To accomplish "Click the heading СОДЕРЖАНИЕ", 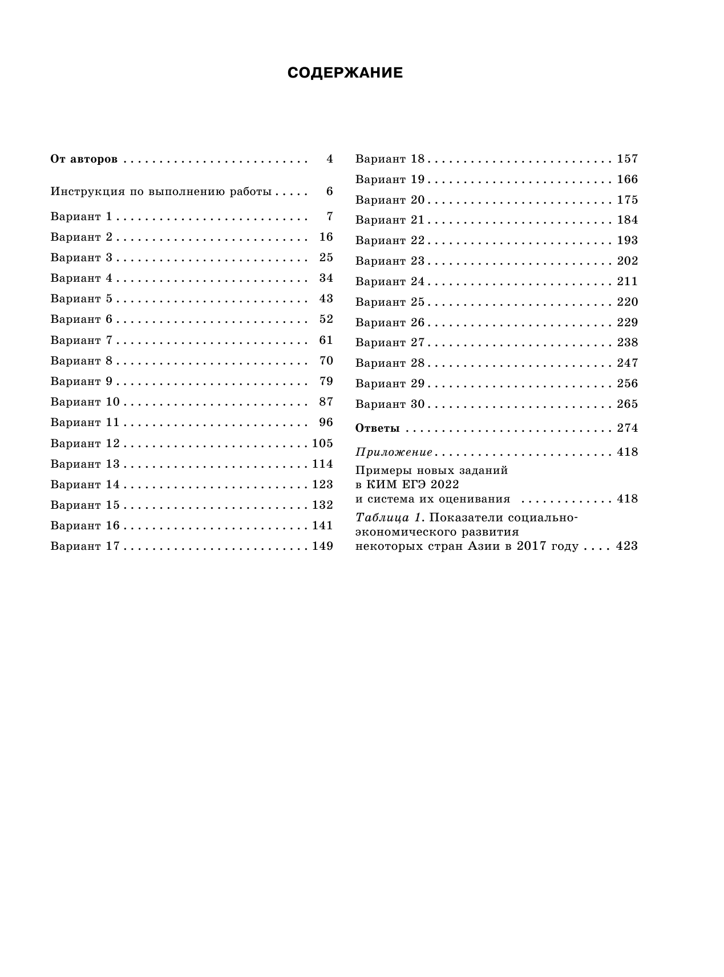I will [x=345, y=73].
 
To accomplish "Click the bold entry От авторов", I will [x=84, y=159].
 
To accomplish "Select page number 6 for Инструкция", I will [x=329, y=191].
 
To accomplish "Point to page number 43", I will [x=326, y=299].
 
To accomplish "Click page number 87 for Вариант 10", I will [x=326, y=402].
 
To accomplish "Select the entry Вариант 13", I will [x=85, y=464].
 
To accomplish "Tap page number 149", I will [x=322, y=546].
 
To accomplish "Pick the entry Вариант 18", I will [x=390, y=159].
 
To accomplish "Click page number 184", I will [x=627, y=220].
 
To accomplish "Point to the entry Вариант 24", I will [x=390, y=281].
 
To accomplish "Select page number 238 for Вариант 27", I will [x=627, y=342].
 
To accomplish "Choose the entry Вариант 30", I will [x=390, y=404].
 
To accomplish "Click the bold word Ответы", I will [x=377, y=428].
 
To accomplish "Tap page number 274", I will [x=627, y=428].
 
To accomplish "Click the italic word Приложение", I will [x=394, y=452].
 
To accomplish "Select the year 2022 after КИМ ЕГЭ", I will [x=445, y=484].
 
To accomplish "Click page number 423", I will [x=627, y=546].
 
